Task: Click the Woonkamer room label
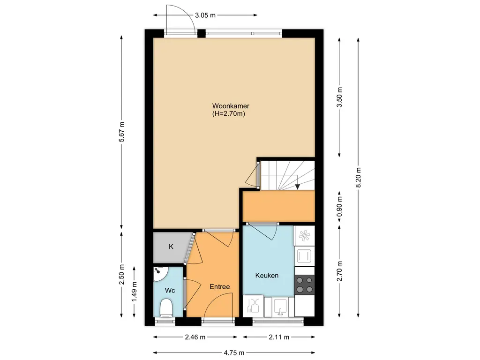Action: (231, 106)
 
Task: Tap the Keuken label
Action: (267, 276)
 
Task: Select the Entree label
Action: (220, 287)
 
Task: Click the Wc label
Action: (170, 290)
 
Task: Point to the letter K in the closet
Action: (171, 247)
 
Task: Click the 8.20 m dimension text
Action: (359, 178)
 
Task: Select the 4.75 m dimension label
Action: (234, 353)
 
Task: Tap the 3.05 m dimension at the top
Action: (205, 15)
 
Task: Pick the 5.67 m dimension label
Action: (121, 132)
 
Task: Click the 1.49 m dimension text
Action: (134, 292)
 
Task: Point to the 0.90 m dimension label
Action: (339, 206)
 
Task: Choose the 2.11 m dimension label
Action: (279, 337)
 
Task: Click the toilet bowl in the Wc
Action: (166, 307)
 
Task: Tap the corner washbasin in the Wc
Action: (159, 274)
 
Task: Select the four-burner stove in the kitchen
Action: (305, 285)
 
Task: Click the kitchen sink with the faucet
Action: (280, 307)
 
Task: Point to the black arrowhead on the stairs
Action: (297, 187)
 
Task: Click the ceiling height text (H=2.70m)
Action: (229, 114)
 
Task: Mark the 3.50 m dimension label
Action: (339, 97)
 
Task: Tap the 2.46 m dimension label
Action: (195, 337)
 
